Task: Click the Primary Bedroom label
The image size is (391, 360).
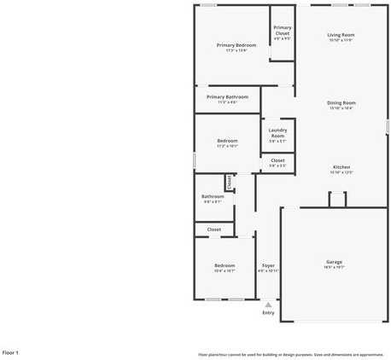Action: (x=236, y=44)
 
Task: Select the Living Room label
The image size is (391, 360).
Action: (x=341, y=35)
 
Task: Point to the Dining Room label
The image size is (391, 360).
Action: (x=341, y=103)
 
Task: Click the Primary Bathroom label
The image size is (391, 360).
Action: (x=227, y=96)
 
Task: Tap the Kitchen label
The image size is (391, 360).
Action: (x=341, y=167)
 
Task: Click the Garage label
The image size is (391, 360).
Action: (x=334, y=261)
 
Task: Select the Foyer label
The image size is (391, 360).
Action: (x=268, y=265)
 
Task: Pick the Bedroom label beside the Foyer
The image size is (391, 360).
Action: (x=224, y=265)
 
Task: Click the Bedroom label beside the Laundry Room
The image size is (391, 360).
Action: (x=227, y=141)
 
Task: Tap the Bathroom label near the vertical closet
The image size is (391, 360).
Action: (x=213, y=196)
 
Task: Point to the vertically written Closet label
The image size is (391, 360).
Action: (x=229, y=182)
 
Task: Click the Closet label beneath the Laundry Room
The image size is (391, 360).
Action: (x=277, y=160)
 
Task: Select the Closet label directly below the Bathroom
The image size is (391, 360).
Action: (x=213, y=229)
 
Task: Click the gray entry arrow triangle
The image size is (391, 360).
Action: (x=268, y=303)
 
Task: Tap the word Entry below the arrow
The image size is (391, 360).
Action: (x=268, y=312)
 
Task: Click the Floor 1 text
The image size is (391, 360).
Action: (x=10, y=351)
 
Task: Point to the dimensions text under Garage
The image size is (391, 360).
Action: (x=334, y=267)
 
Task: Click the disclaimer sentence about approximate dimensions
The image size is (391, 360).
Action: (x=290, y=354)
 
